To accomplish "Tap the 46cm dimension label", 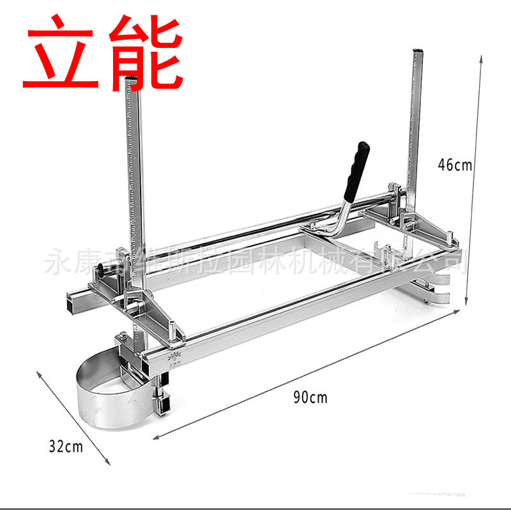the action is click(454, 165).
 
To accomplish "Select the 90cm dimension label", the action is click(310, 397).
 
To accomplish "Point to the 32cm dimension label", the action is click(66, 446).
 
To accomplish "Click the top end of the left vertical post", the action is click(132, 80).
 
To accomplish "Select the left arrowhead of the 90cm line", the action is click(155, 438).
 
